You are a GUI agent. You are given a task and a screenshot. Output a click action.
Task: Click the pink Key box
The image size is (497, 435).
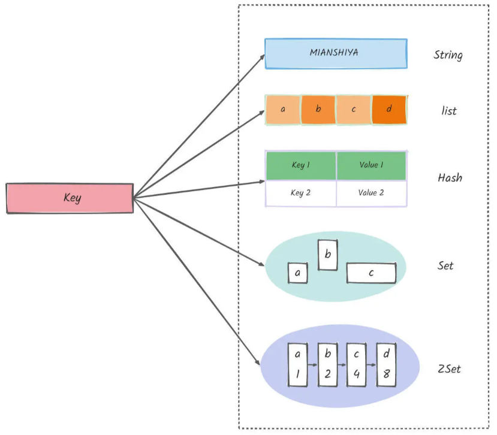70,198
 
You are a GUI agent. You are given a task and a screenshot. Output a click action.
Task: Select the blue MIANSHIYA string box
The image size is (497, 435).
336,53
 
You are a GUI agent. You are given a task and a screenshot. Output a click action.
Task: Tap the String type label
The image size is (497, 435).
448,55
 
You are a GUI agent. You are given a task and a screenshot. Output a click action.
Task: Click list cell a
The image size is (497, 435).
283,110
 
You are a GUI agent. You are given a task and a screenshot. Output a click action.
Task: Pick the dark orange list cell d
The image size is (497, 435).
388,110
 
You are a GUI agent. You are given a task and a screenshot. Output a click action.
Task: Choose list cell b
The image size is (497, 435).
318,110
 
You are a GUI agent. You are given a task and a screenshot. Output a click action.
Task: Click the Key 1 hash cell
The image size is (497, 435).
301,165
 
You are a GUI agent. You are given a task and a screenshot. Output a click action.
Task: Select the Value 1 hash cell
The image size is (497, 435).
371,165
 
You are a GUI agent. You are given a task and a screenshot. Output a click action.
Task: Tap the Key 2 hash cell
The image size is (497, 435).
301,193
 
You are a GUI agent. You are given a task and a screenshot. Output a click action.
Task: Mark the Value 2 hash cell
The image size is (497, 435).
371,193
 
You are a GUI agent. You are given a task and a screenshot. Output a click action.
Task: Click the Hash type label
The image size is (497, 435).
450,177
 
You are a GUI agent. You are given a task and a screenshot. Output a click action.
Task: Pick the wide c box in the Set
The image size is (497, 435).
371,273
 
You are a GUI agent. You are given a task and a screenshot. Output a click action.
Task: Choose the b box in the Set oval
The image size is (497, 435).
327,255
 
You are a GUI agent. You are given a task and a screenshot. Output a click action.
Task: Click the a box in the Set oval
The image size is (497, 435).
297,273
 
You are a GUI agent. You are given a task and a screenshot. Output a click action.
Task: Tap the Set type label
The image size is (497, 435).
445,265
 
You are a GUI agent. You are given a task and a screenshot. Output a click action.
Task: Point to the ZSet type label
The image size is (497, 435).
449,368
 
